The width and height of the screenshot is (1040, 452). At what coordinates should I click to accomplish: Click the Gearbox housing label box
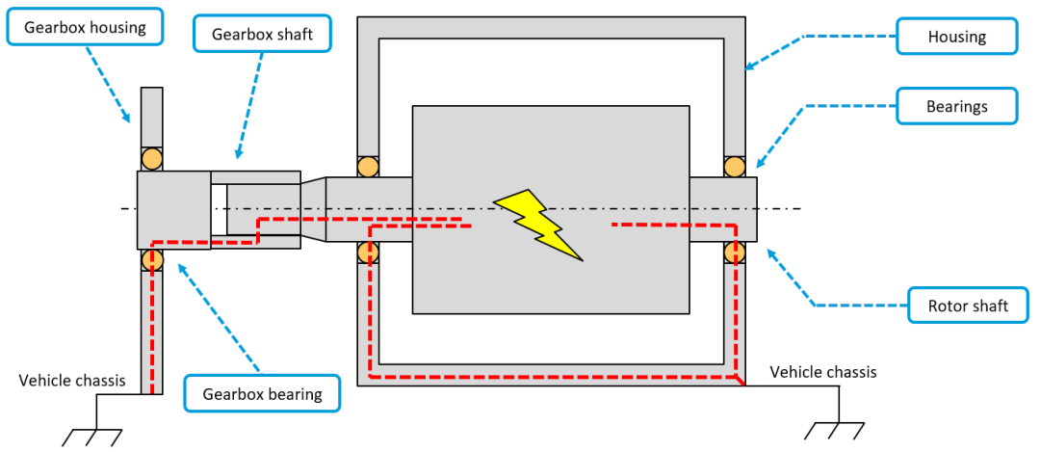pyautogui.click(x=85, y=27)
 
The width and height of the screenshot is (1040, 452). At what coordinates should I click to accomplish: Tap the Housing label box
pyautogui.click(x=956, y=37)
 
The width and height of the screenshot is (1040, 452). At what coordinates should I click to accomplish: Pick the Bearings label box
pyautogui.click(x=956, y=106)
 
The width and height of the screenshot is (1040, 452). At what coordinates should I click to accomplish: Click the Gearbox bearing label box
pyautogui.click(x=262, y=392)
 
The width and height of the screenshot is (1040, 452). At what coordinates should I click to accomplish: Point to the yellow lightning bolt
pyautogui.click(x=537, y=224)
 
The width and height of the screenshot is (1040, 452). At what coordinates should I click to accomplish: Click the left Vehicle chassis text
pyautogui.click(x=72, y=380)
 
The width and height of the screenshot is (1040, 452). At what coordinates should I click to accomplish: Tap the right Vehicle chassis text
pyautogui.click(x=823, y=372)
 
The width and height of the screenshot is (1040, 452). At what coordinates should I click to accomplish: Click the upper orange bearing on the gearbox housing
pyautogui.click(x=152, y=159)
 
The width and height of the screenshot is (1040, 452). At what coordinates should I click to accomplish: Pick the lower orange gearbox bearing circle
pyautogui.click(x=152, y=259)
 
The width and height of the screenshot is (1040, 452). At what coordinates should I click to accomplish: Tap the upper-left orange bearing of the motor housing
pyautogui.click(x=368, y=167)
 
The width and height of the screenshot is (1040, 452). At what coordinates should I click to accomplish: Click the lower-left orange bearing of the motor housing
pyautogui.click(x=368, y=253)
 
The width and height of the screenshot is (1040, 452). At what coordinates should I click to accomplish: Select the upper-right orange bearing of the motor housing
pyautogui.click(x=735, y=167)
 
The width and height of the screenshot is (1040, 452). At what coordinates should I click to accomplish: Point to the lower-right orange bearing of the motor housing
pyautogui.click(x=735, y=253)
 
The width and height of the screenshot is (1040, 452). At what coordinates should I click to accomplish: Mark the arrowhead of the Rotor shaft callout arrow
pyautogui.click(x=768, y=252)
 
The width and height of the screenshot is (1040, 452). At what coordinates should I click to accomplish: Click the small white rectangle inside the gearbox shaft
pyautogui.click(x=219, y=208)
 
